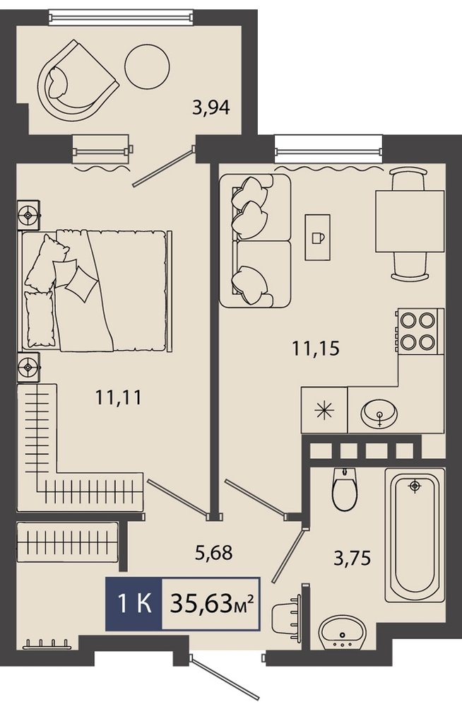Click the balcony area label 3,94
point(211,108)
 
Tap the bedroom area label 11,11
point(119,397)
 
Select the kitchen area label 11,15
point(316,348)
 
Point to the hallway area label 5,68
point(213,552)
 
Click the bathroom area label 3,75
point(352,559)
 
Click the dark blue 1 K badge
point(134,604)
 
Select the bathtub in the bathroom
point(415,535)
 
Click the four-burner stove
point(420,330)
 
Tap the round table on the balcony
point(148,67)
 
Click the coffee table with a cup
point(317,237)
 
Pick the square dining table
point(410,221)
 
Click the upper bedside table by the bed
point(28,215)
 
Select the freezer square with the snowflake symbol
point(324,410)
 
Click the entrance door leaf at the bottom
point(226,679)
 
